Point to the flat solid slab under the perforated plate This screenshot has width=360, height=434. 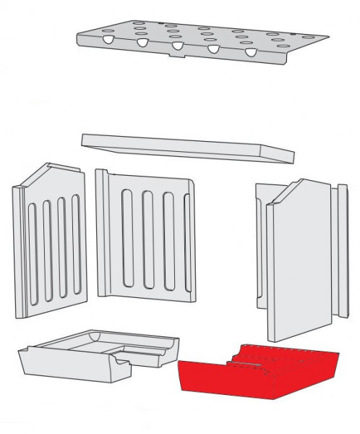pos(188,148)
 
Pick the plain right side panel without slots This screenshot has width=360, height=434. pos(296,268)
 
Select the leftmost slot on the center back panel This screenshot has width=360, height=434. pos(128,242)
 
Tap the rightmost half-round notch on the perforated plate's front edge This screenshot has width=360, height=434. pos(251,53)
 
